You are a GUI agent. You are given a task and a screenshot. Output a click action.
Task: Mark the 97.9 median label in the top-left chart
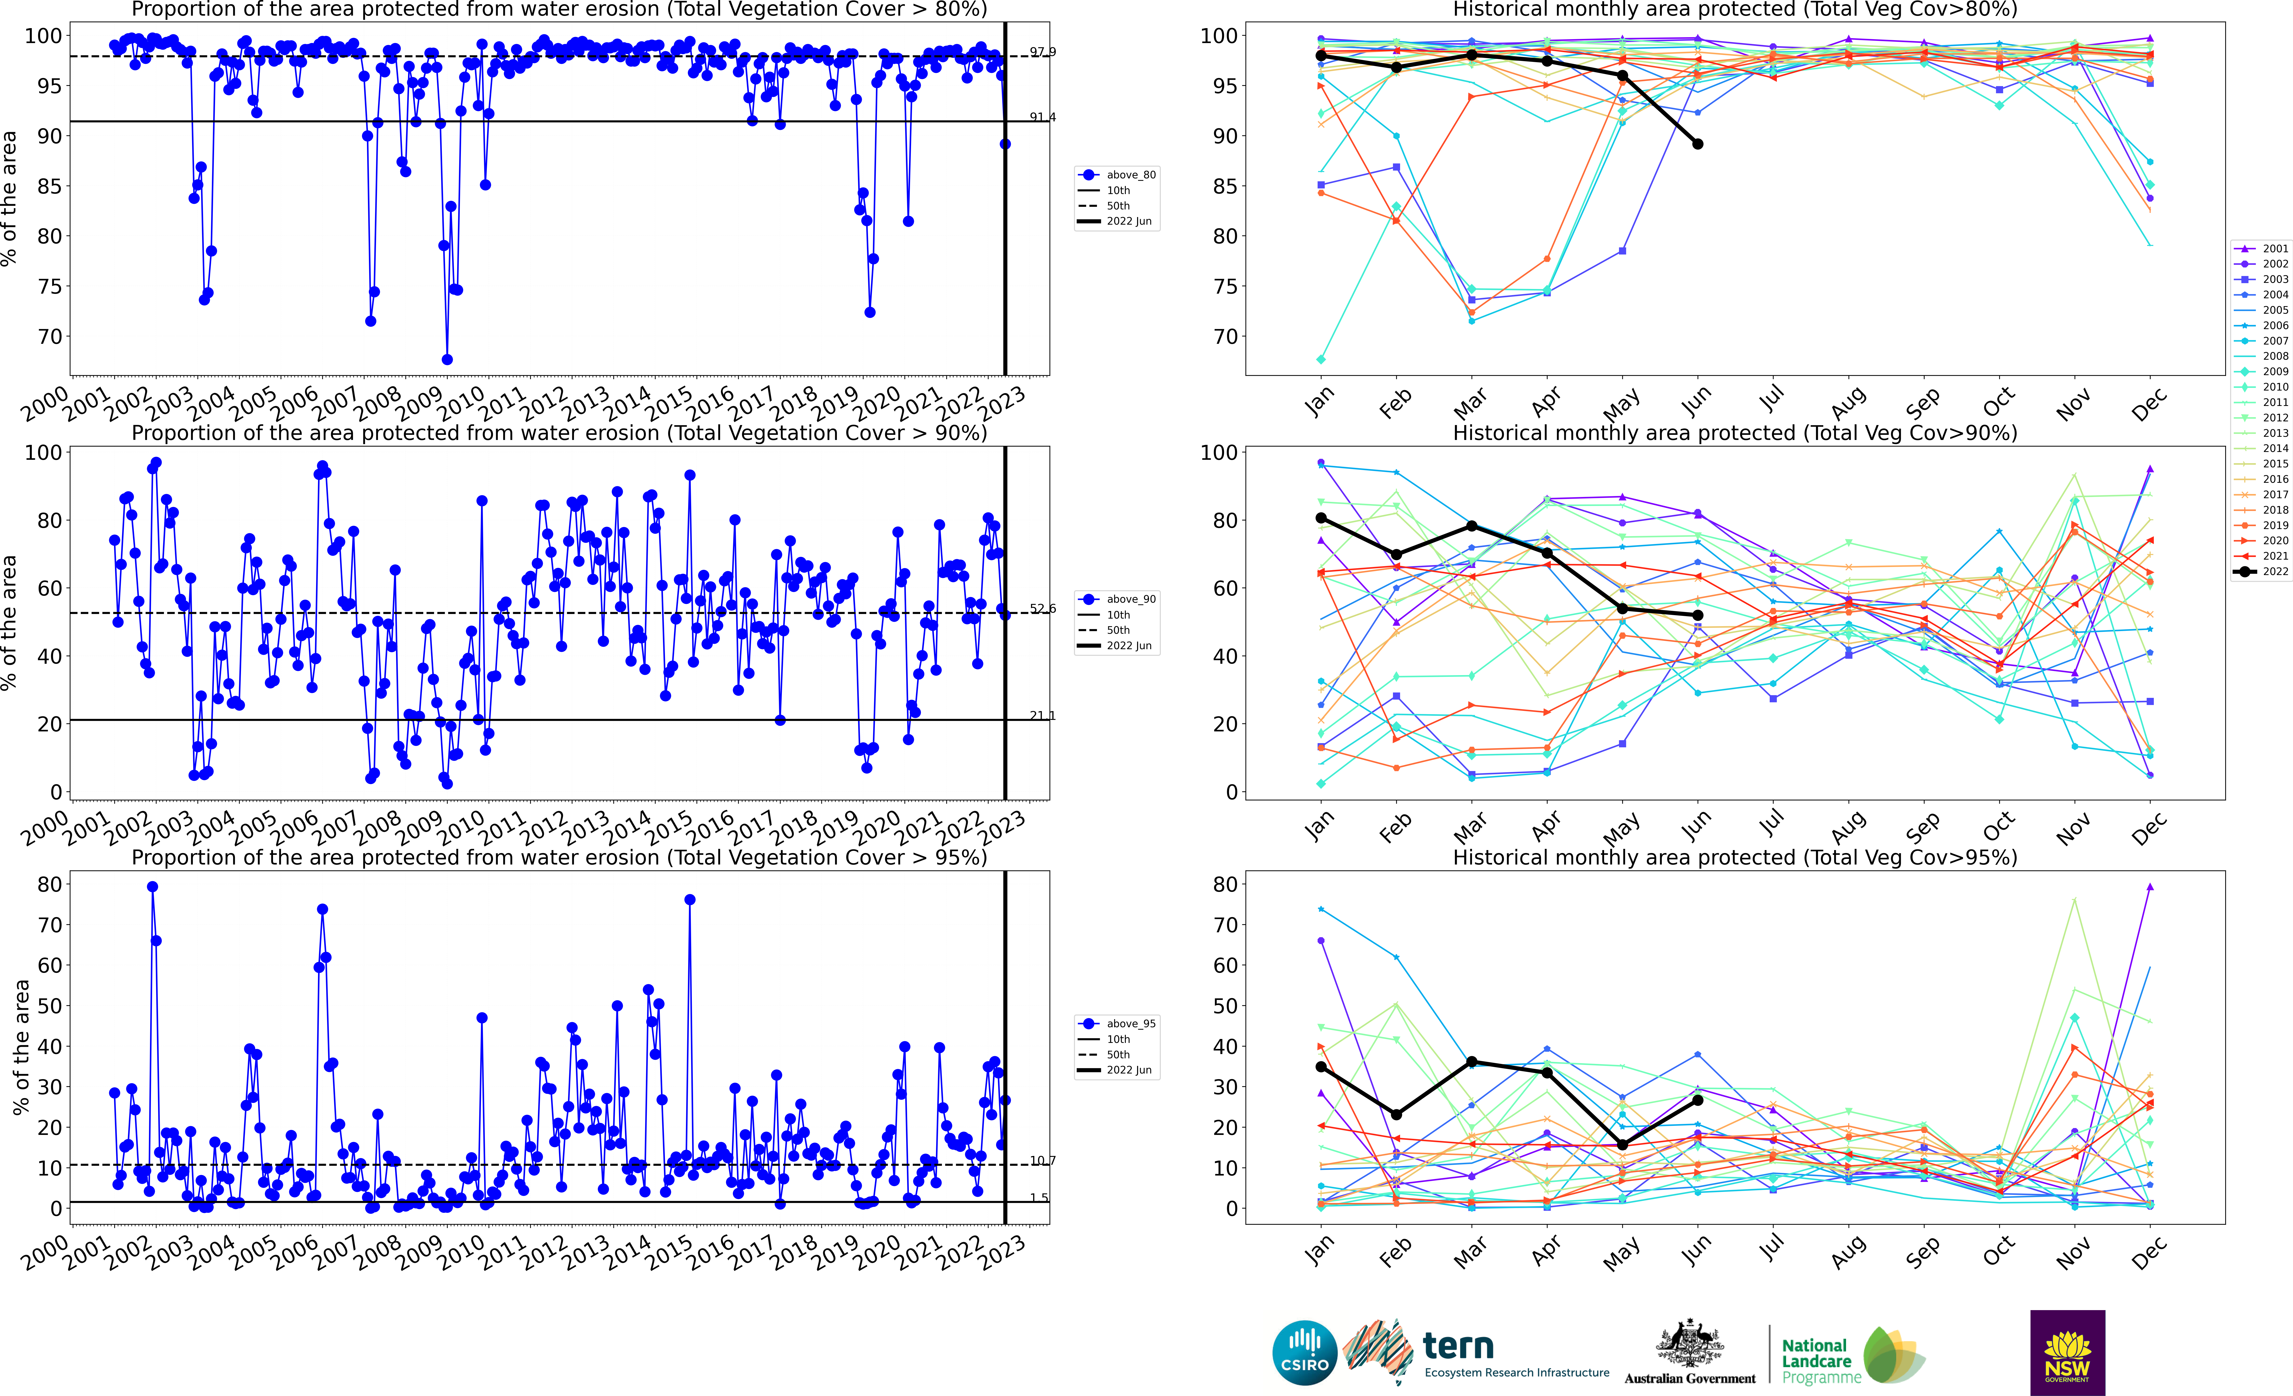[x=1042, y=52]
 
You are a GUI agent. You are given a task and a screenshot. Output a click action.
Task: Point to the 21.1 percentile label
[x=1042, y=716]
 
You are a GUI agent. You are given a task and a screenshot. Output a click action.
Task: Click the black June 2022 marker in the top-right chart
[x=1697, y=144]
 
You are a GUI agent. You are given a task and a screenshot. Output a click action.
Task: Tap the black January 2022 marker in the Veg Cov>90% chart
[x=1321, y=518]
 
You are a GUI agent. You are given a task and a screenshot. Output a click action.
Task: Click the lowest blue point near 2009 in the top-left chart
[x=447, y=359]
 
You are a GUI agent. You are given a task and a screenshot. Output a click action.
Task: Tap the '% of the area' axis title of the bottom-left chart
[x=21, y=1047]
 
